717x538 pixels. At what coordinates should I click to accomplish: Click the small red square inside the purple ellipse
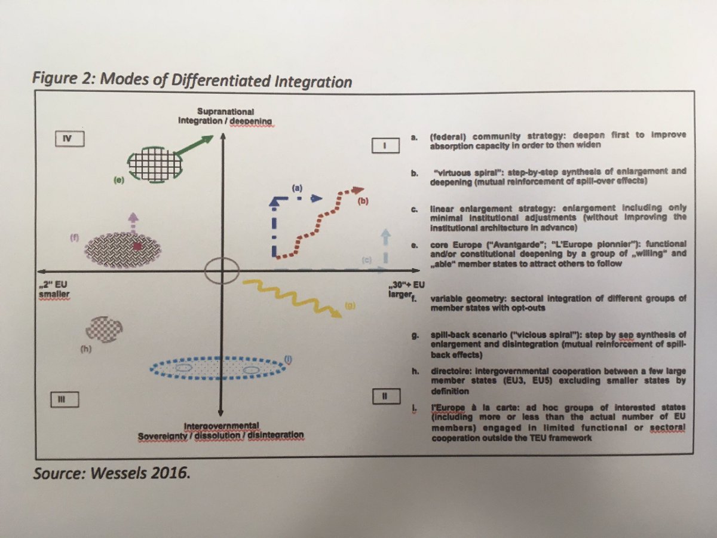point(138,246)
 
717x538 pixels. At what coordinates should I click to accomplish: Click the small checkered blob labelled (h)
point(105,329)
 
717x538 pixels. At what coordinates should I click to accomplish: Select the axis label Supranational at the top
point(220,112)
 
